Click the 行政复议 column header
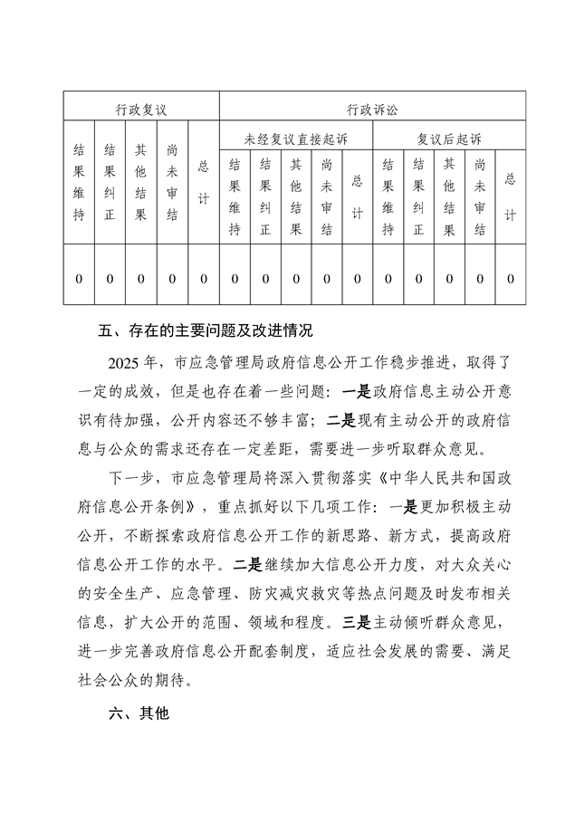pyautogui.click(x=140, y=110)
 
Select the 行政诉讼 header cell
pyautogui.click(x=371, y=110)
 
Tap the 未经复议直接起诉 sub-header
pyautogui.click(x=295, y=139)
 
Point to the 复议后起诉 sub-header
pyautogui.click(x=449, y=139)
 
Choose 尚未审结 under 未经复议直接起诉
pyautogui.click(x=327, y=197)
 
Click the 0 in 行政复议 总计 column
pyautogui.click(x=203, y=278)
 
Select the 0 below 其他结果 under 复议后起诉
pyautogui.click(x=449, y=278)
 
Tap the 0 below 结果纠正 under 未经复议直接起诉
pyautogui.click(x=265, y=278)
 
